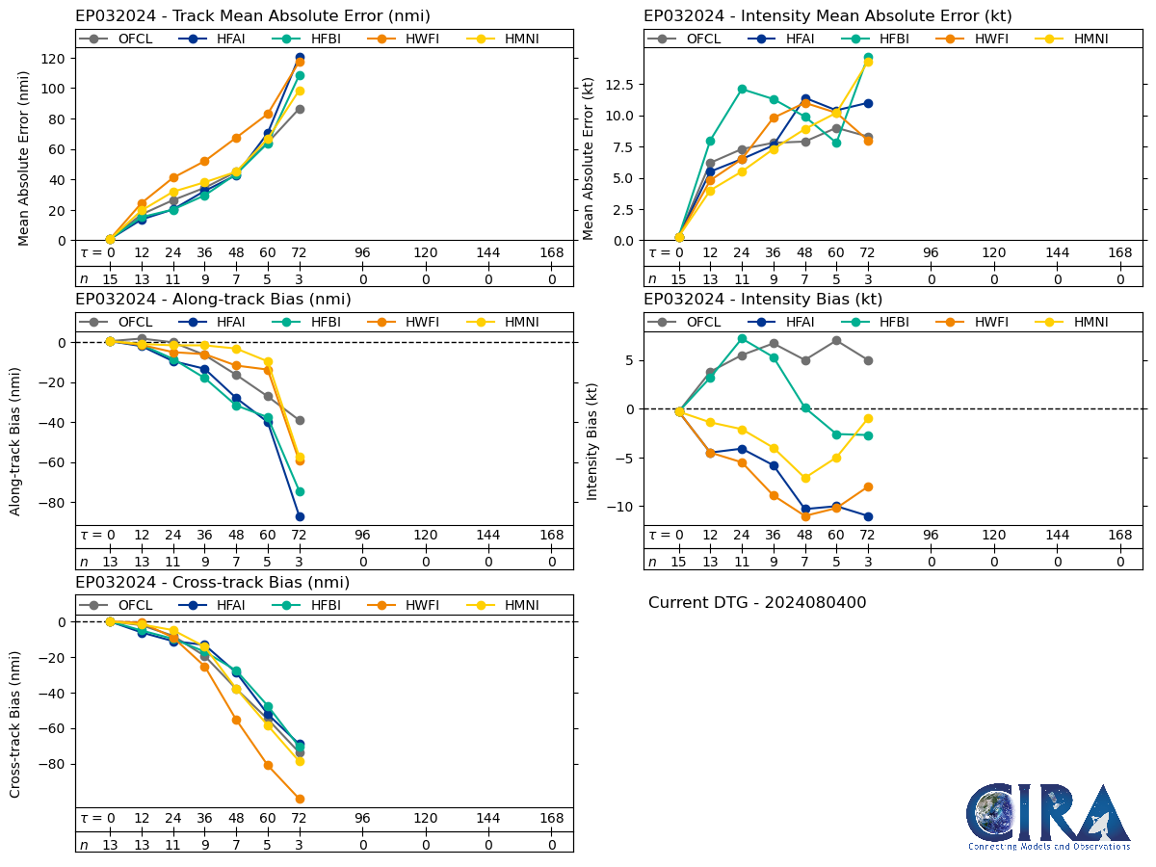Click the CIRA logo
1048,817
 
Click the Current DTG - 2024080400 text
757,603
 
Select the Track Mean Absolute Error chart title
252,16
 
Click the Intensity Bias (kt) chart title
763,300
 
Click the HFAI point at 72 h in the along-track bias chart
300,516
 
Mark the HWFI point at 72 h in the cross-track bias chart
300,799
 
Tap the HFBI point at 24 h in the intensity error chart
742,89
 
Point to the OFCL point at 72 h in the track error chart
300,109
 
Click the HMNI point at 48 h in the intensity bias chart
805,478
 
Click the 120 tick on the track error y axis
56,58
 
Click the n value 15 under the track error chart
110,279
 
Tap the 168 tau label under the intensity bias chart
1119,536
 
